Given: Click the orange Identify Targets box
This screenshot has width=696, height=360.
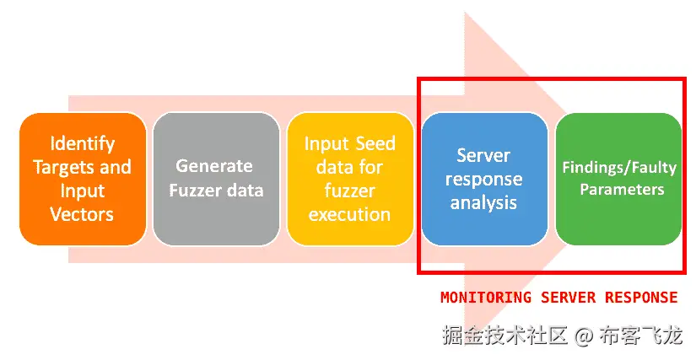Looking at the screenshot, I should tap(83, 179).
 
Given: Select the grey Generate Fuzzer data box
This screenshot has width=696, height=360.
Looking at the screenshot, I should tap(216, 179).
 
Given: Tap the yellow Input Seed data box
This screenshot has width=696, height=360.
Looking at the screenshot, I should tap(350, 179).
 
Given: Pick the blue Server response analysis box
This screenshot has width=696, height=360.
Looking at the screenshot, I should tap(484, 179).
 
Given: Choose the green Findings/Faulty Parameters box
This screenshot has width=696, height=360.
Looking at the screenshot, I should tap(618, 179).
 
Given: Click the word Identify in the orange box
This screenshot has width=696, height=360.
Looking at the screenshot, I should tap(83, 143).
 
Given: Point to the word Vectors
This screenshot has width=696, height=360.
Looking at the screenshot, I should tap(83, 214).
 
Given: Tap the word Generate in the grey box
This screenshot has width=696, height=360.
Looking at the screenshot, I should tap(214, 166).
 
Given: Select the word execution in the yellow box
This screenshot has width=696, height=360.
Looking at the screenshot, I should tap(350, 214).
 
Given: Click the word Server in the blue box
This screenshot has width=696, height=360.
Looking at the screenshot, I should tap(484, 155).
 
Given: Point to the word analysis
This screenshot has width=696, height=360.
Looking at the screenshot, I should tap(484, 202).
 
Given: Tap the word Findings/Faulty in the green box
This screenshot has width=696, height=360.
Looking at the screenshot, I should tap(618, 167).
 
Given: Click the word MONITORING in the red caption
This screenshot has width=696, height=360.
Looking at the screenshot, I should tap(486, 298).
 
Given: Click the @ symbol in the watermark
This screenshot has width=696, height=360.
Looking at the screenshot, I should tap(583, 336).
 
